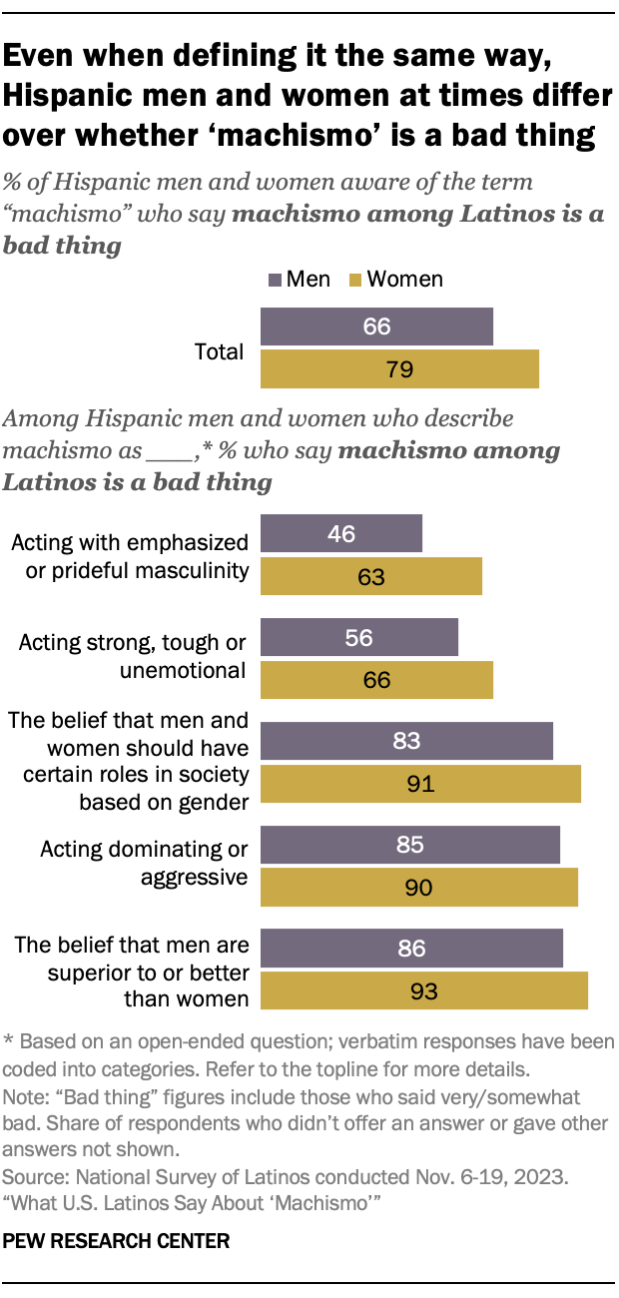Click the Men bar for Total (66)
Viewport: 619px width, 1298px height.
click(376, 327)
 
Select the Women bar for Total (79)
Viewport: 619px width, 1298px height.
click(399, 368)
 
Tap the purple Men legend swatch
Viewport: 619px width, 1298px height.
click(276, 281)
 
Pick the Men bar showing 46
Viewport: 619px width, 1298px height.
click(341, 533)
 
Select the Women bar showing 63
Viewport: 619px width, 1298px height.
click(370, 575)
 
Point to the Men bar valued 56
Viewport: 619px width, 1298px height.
click(358, 637)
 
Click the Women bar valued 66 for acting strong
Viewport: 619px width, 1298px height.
click(376, 679)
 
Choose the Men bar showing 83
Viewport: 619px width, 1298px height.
click(406, 741)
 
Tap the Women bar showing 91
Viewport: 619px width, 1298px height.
click(420, 783)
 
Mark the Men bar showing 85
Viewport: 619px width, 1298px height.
click(409, 845)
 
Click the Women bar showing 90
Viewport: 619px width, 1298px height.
click(418, 887)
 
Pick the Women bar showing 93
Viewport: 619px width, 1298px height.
click(423, 990)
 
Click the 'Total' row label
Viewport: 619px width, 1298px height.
click(220, 351)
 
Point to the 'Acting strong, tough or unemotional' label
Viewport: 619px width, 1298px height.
click(133, 656)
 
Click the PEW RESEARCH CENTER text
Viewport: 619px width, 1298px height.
click(117, 1242)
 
